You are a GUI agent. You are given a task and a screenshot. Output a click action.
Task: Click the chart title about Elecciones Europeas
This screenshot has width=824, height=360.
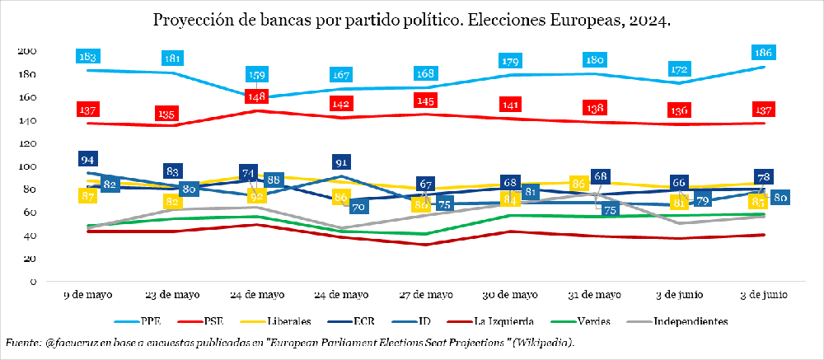[411, 19]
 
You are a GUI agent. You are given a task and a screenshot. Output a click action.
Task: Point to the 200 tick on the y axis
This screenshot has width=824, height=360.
[27, 51]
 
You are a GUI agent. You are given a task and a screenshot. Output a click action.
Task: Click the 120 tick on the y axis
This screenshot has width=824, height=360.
[27, 143]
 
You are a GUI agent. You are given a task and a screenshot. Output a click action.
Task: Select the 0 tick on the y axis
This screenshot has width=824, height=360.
[32, 282]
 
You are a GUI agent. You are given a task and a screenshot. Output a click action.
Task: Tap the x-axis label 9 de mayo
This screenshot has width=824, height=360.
[88, 294]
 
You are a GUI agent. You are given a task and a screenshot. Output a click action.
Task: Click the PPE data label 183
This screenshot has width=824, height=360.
[88, 57]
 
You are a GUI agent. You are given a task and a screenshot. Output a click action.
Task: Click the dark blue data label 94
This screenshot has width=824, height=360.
[88, 159]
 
